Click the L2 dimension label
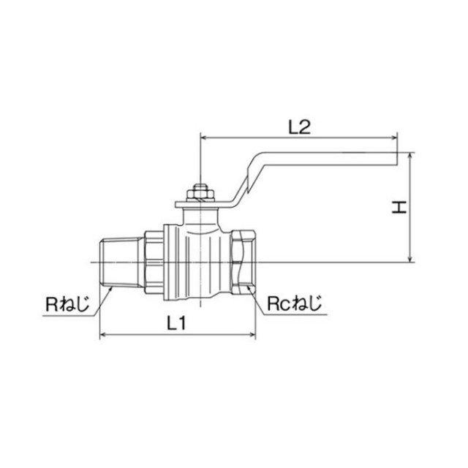pos(299,127)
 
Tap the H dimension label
pos(399,207)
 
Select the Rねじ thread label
pos(67,304)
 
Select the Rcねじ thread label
pos(294,303)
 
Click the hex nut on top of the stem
pos(200,192)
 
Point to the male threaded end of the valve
pos(121,263)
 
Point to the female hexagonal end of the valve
pos(244,262)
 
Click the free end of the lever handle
pos(397,159)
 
